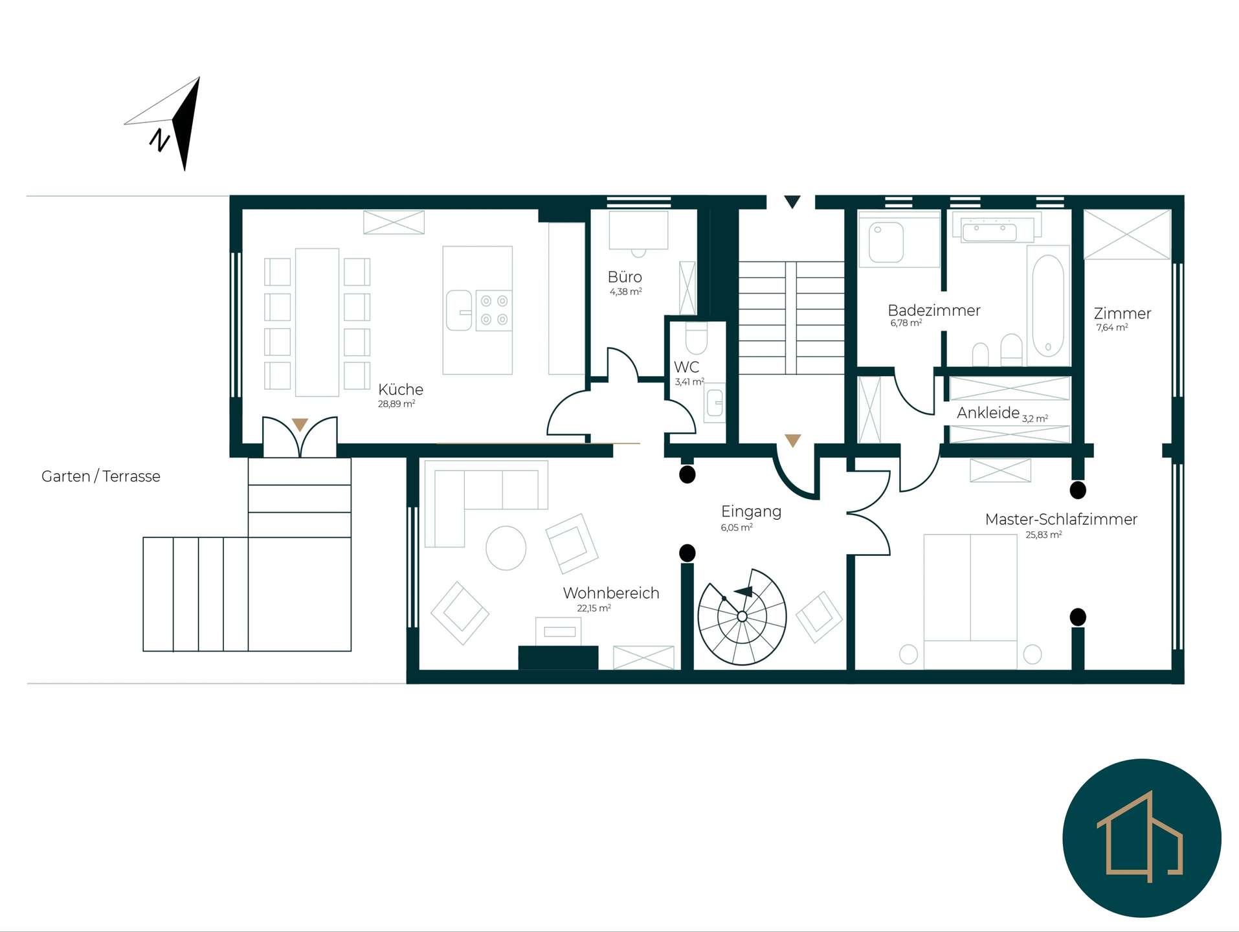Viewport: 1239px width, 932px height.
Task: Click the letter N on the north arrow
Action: pyautogui.click(x=159, y=140)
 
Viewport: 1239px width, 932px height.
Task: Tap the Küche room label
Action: pyautogui.click(x=401, y=390)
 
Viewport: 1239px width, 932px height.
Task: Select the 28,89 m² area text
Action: pyautogui.click(x=396, y=404)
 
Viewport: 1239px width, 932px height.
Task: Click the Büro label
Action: pyautogui.click(x=625, y=277)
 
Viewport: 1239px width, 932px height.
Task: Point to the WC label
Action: pyautogui.click(x=686, y=367)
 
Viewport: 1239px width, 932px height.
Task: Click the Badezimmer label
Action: pyautogui.click(x=934, y=311)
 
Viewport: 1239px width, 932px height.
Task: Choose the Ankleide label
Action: pyautogui.click(x=988, y=413)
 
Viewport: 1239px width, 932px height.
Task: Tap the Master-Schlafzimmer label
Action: pyautogui.click(x=1061, y=519)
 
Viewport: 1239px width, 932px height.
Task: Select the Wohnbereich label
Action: pyautogui.click(x=611, y=593)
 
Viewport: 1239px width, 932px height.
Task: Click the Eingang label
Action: pyautogui.click(x=751, y=511)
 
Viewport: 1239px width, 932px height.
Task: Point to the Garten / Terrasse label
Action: pyautogui.click(x=101, y=476)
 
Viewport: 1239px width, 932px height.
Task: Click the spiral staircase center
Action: pyautogui.click(x=742, y=616)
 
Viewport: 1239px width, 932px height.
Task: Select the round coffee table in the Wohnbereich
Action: pyautogui.click(x=506, y=548)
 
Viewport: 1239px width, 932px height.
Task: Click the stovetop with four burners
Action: pyautogui.click(x=494, y=310)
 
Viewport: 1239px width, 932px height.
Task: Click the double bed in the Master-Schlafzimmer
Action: pyautogui.click(x=970, y=601)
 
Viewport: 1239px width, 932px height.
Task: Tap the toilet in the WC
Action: pyautogui.click(x=697, y=338)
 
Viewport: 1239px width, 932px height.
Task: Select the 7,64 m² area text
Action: pyautogui.click(x=1112, y=327)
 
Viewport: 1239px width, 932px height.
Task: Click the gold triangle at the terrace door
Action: pyautogui.click(x=300, y=425)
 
